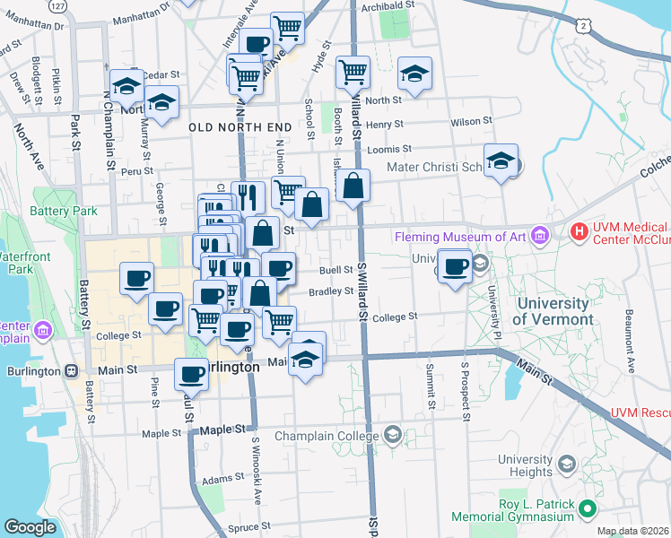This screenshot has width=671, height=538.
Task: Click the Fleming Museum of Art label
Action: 462,237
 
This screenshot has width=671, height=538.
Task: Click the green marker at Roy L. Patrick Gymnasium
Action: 588,510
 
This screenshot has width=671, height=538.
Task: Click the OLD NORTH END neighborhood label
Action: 240,127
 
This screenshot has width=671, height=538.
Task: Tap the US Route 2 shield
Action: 585,27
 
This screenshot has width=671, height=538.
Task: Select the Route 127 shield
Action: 58,6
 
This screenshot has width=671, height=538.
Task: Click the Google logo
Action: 30,527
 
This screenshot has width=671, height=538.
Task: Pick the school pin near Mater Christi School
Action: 501,161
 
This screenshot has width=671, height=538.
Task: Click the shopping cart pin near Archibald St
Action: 287,27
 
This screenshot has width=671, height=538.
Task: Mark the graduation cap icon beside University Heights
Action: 566,464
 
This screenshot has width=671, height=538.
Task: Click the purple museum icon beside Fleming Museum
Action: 539,237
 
